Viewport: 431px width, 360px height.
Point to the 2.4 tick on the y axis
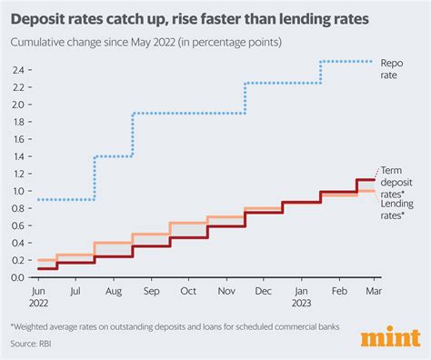tap(19, 70)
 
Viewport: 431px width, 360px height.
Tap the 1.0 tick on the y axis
tap(19, 191)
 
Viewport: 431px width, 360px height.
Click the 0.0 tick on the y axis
tap(19, 277)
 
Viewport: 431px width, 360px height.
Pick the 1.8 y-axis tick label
tap(19, 122)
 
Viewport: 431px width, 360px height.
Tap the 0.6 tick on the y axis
tap(19, 225)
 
